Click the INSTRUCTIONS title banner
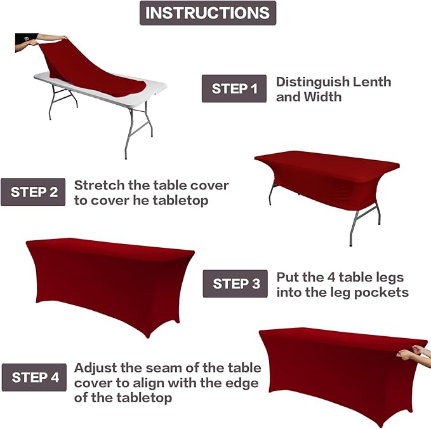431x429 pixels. tap(208, 13)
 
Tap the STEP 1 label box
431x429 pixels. tap(234, 89)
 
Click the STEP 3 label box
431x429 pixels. tap(235, 283)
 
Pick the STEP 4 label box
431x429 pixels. tap(34, 377)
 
